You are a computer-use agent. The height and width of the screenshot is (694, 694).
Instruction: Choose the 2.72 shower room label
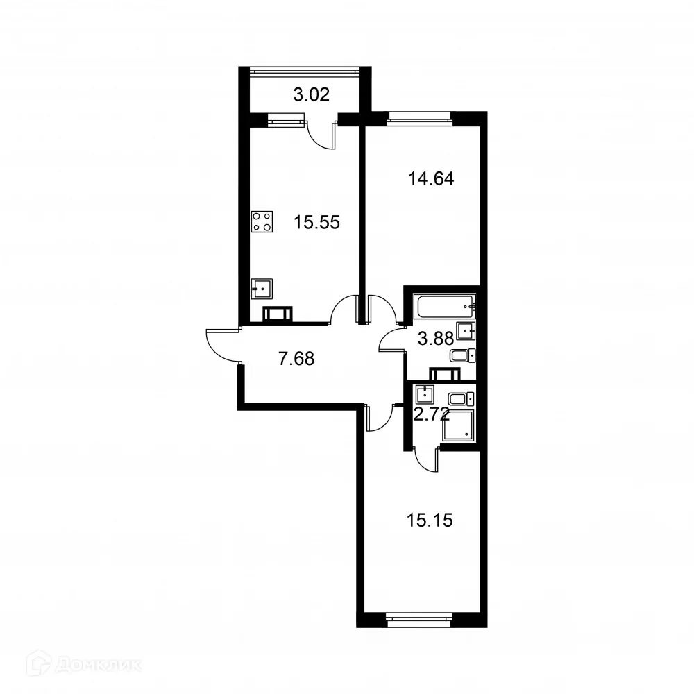point(431,416)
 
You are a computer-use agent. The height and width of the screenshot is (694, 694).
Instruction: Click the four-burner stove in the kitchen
point(262,221)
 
